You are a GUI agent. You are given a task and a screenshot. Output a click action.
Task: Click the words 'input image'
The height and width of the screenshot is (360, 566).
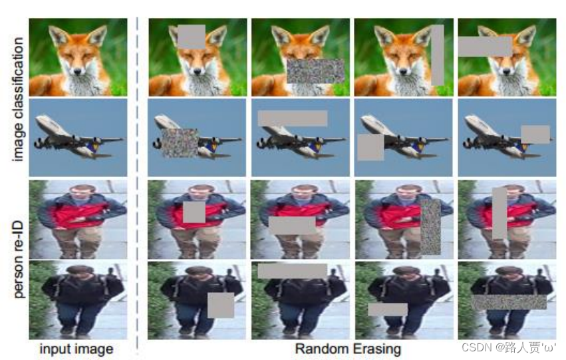coord(76,349)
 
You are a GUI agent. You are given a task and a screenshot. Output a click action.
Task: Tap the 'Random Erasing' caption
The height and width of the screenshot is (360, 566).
coord(348,349)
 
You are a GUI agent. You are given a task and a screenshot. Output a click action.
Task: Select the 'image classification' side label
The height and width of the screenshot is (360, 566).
coord(17,99)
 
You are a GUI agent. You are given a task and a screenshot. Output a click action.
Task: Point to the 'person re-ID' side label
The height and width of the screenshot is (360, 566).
coord(17,260)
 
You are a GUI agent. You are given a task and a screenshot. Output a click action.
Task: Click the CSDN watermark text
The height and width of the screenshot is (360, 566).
coord(509,347)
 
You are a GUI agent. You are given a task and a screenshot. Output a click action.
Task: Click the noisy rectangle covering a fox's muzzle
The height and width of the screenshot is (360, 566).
coord(315,71)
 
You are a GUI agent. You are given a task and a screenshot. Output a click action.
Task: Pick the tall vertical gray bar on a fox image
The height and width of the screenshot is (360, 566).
coord(438,55)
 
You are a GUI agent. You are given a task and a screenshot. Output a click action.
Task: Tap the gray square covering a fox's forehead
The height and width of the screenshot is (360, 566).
coord(192,37)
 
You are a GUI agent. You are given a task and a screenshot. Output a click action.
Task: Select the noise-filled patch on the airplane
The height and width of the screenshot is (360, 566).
coord(180,143)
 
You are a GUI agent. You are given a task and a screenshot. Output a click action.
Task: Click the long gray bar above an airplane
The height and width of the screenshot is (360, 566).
coord(293,118)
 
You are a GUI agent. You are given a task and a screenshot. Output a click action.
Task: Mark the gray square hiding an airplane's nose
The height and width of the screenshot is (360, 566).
coord(370,147)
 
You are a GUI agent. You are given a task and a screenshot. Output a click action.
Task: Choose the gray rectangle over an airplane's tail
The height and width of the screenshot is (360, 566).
coord(535,134)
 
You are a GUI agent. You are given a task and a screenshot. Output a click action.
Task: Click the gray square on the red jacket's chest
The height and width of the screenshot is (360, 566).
coord(194,212)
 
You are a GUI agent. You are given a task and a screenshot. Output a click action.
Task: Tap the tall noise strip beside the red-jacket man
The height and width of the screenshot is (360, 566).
coord(430,227)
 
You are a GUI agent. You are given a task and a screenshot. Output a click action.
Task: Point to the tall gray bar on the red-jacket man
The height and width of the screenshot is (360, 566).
coord(499,213)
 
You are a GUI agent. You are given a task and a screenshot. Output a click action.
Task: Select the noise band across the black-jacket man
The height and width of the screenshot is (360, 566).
coord(509,302)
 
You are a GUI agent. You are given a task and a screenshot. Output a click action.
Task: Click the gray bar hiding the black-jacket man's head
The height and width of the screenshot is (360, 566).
coord(293,271)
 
